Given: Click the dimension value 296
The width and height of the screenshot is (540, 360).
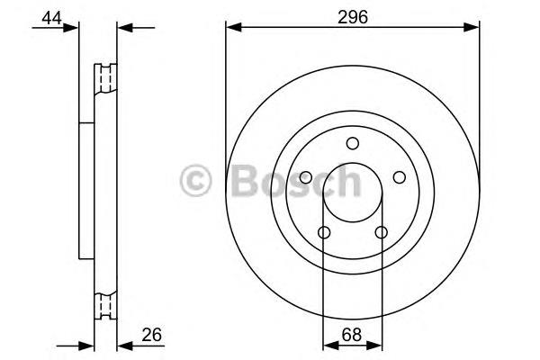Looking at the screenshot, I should [x=352, y=15].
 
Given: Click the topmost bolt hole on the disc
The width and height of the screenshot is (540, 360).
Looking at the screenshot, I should [x=352, y=143].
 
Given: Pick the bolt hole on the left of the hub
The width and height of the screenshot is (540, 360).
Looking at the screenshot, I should [x=306, y=177].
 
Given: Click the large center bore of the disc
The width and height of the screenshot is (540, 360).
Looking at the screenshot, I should [x=352, y=193].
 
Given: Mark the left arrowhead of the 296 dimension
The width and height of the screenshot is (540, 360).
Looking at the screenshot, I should [x=232, y=28].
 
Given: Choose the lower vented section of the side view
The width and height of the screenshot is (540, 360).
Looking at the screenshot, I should [x=106, y=307].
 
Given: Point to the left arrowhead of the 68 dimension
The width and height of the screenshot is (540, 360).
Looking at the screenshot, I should [x=328, y=345].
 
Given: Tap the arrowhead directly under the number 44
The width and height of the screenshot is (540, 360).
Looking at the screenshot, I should [x=72, y=28].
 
